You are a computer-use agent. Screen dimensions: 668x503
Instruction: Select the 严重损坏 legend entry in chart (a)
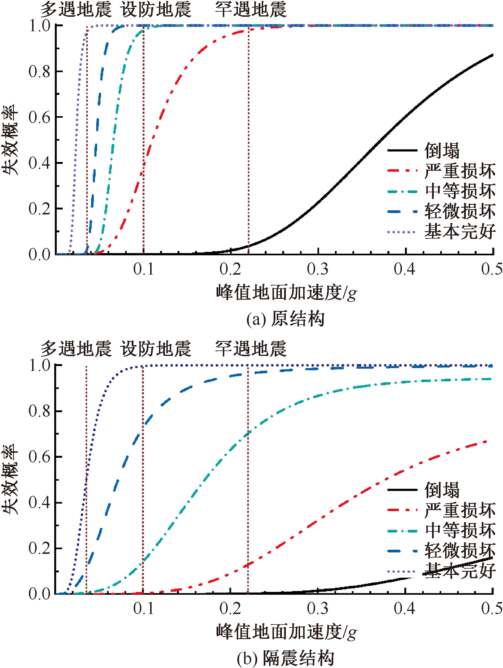pos(460,171)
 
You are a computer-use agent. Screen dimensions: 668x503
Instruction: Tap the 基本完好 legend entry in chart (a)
pos(460,232)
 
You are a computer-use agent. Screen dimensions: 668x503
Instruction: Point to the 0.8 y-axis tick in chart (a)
pos(39,72)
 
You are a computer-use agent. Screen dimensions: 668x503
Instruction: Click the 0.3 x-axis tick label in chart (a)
pos(318,269)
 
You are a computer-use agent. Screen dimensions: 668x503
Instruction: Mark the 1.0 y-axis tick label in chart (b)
pos(39,366)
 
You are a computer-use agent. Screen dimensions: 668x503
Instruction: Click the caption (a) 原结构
pos(285,319)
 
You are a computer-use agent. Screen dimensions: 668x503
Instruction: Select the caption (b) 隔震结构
pos(285,658)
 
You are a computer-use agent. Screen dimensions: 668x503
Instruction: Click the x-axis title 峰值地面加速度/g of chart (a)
pos(286,292)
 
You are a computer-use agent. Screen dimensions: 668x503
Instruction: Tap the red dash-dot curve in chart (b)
pos(332,510)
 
